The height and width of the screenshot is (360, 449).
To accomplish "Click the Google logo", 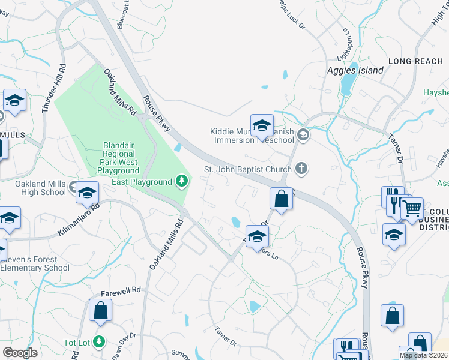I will click(x=20, y=353).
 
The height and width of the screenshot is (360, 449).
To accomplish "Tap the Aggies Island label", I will click(x=355, y=70).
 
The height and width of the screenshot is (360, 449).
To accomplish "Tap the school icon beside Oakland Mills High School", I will click(x=87, y=192).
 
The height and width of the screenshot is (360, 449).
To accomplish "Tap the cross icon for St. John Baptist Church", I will click(x=303, y=169).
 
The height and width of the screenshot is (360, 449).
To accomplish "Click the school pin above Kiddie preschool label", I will click(x=262, y=125).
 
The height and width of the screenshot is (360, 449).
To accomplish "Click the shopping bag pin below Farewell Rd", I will click(x=100, y=310).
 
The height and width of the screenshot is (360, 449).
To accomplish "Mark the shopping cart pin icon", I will click(x=411, y=209).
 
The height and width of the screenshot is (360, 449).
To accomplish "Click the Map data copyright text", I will click(x=424, y=355).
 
